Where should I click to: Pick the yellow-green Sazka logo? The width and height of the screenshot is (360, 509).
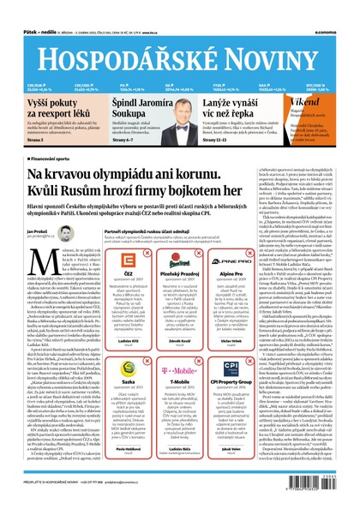tap(126, 368)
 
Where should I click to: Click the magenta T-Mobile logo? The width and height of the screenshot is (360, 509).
tap(175, 369)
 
